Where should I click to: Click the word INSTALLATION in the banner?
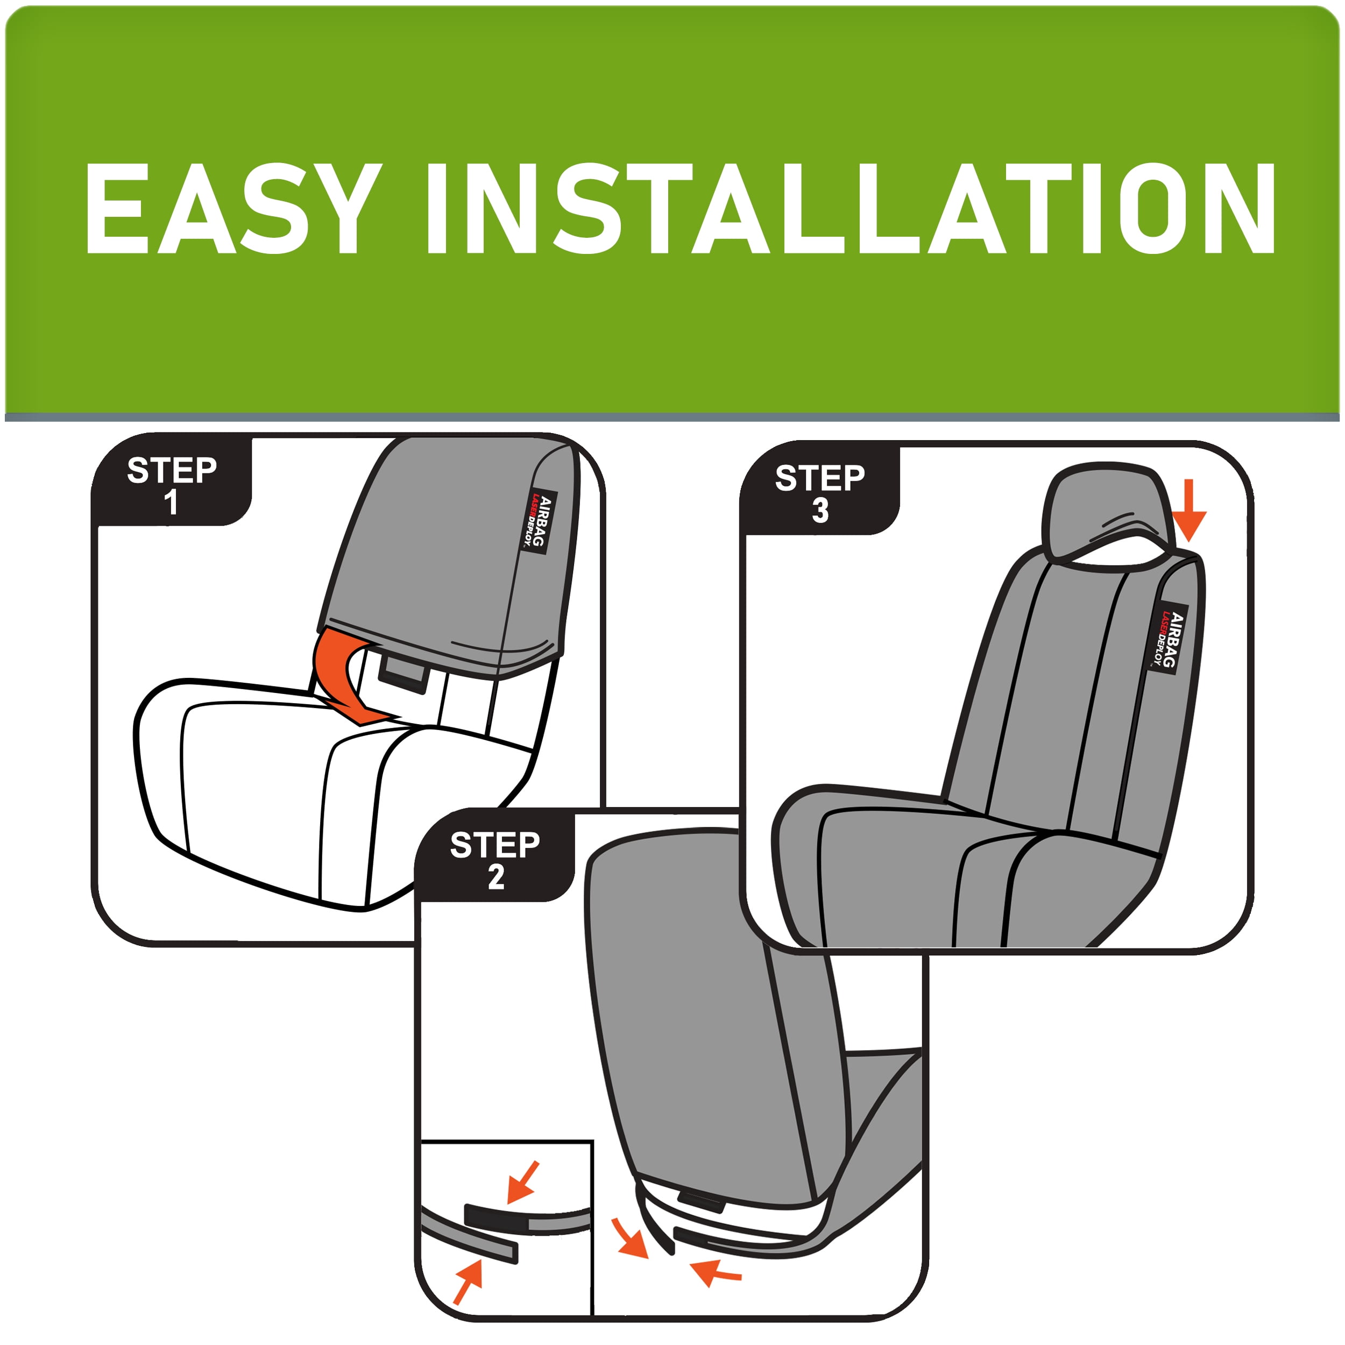[850, 208]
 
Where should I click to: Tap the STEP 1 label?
[171, 485]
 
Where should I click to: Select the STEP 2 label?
[495, 860]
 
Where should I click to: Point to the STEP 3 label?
[820, 493]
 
